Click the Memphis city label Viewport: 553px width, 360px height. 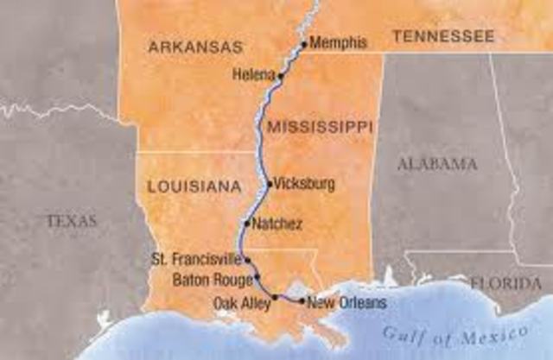338,42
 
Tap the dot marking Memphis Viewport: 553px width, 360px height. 304,44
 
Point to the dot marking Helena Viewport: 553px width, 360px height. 281,76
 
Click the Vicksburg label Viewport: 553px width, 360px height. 302,183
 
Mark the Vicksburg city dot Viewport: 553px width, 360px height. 270,183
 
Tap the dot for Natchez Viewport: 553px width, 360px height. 248,224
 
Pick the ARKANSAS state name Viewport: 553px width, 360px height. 195,46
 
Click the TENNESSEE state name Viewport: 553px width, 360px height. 443,36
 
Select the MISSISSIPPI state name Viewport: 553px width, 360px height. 320,128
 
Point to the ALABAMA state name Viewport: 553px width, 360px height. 436,164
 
